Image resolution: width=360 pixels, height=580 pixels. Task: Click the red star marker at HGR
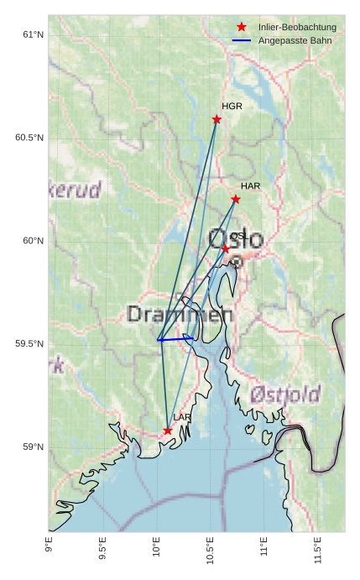[217, 119]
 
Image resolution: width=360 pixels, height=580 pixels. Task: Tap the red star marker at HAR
[236, 199]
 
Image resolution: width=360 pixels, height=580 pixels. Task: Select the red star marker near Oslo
[225, 248]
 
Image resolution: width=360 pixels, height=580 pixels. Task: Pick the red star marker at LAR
[168, 431]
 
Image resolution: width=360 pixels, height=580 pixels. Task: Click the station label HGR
[232, 107]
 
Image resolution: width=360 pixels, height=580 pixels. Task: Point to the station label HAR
[251, 185]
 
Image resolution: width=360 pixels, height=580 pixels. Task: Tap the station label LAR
[182, 417]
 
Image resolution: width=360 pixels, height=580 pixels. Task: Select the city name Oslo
[235, 238]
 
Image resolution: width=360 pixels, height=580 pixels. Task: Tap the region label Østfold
[285, 394]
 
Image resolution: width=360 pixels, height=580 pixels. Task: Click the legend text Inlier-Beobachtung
[297, 27]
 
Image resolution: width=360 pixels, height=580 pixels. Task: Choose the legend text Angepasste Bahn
[295, 40]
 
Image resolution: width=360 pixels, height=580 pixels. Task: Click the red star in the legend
[242, 27]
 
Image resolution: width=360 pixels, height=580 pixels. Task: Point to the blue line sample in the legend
[242, 40]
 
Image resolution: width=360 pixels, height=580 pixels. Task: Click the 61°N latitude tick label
[33, 34]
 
